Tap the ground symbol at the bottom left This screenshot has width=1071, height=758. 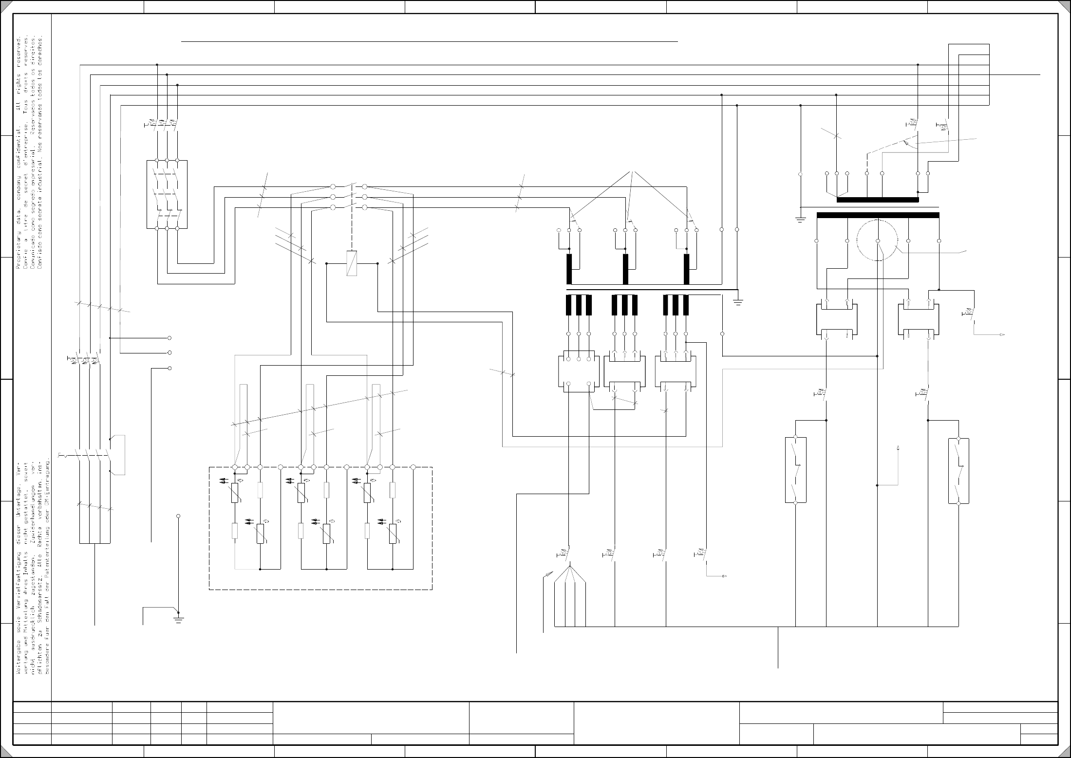[x=179, y=619]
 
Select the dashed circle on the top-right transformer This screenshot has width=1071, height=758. [x=877, y=240]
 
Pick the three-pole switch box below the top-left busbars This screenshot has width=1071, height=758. [x=167, y=194]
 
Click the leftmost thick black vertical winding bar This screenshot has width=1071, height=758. [x=569, y=269]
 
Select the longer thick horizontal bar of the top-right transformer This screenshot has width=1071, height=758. [x=878, y=215]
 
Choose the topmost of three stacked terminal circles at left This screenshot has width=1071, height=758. [x=169, y=338]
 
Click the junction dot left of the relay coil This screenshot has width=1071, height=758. [x=326, y=263]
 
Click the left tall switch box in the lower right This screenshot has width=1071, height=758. [x=795, y=470]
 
